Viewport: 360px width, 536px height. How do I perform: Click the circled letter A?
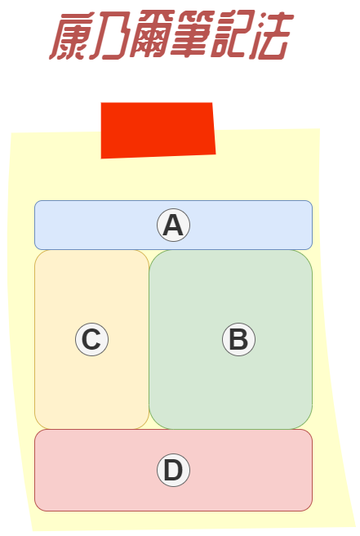(x=174, y=226)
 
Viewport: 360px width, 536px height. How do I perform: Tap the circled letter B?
(x=238, y=339)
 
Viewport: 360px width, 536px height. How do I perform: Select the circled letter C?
(x=92, y=339)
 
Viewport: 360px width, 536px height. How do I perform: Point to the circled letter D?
(x=174, y=470)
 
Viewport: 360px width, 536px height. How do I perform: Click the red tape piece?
(x=158, y=130)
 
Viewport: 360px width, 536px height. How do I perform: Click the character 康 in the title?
(x=69, y=36)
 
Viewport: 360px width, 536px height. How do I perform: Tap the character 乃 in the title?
(x=110, y=36)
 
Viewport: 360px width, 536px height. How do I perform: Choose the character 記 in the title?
(x=233, y=34)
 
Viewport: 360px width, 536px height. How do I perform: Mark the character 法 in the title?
(x=272, y=35)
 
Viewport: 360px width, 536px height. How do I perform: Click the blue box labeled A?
(x=174, y=226)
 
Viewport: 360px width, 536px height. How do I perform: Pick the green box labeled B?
(x=231, y=339)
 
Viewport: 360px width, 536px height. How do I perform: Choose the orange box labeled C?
(x=92, y=339)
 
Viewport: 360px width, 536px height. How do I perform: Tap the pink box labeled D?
(x=174, y=470)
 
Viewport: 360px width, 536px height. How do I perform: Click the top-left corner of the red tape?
(x=101, y=103)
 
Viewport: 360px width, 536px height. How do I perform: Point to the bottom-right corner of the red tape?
(x=216, y=154)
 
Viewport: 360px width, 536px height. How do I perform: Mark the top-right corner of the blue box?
(x=312, y=201)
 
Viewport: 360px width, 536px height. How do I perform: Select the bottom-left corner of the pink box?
(x=35, y=511)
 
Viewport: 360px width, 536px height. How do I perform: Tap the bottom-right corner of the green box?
(x=312, y=429)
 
